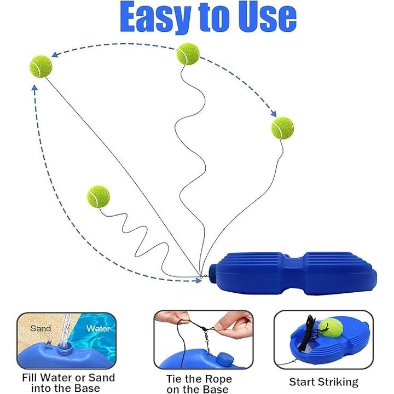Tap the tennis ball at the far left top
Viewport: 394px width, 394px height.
[40, 66]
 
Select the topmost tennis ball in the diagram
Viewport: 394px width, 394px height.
[188, 54]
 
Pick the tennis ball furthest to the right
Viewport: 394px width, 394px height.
[282, 128]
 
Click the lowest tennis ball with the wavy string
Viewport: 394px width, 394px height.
[99, 197]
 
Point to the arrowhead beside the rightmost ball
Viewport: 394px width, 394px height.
[274, 114]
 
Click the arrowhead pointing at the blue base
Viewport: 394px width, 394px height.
[199, 280]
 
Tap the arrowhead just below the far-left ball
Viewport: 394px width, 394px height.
[34, 88]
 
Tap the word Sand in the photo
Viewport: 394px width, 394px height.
[40, 328]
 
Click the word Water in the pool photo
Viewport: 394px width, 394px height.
[99, 328]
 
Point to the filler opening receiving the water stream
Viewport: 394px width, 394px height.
[64, 349]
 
